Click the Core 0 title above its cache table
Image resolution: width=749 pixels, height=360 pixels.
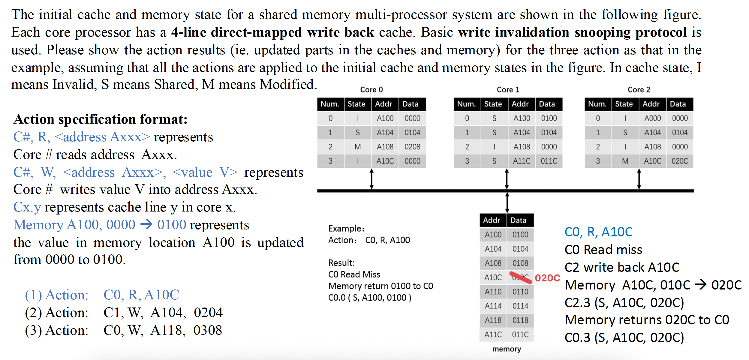(x=371, y=90)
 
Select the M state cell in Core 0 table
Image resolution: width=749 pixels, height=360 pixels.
(x=357, y=147)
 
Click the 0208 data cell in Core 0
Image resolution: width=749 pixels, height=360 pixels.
(x=412, y=147)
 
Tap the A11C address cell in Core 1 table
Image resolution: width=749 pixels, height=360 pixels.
(x=521, y=161)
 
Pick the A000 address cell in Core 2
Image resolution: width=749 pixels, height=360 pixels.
(x=652, y=118)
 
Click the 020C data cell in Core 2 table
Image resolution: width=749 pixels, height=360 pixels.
(x=680, y=161)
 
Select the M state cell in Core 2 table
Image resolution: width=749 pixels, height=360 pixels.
(x=625, y=161)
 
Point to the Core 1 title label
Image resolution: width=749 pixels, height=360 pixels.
(x=508, y=90)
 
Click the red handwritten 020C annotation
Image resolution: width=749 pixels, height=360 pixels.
(x=547, y=278)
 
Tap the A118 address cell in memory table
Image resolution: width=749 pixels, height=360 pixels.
(x=493, y=320)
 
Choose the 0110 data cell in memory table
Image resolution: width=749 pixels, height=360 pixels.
(x=520, y=292)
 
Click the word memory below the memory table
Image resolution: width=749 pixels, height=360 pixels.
(x=507, y=349)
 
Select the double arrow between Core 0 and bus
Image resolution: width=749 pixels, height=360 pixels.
(x=371, y=179)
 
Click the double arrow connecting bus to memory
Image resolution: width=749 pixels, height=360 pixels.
(x=507, y=203)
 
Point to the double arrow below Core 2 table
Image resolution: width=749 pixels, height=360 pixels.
(x=639, y=179)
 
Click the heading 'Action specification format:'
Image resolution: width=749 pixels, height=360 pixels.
(x=101, y=119)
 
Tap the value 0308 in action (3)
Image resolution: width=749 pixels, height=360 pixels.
(x=208, y=330)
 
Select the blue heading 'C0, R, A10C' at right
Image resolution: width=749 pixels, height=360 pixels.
(x=598, y=232)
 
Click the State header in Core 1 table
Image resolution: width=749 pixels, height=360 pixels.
(x=493, y=104)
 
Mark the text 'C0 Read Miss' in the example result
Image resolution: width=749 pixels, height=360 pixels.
(x=354, y=274)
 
